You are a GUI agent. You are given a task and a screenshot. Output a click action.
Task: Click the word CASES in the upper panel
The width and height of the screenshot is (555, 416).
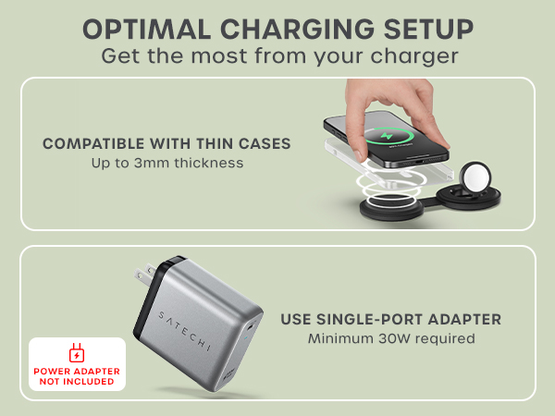coord(265,144)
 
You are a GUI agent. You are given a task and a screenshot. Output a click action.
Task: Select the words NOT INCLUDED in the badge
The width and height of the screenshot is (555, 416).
coord(77,381)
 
